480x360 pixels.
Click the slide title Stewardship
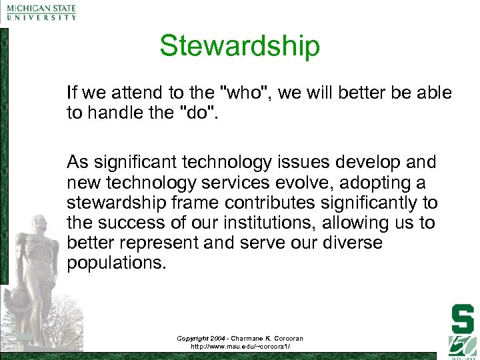point(239,46)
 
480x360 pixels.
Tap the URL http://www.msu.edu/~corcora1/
point(239,347)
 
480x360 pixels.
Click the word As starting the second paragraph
point(77,162)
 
